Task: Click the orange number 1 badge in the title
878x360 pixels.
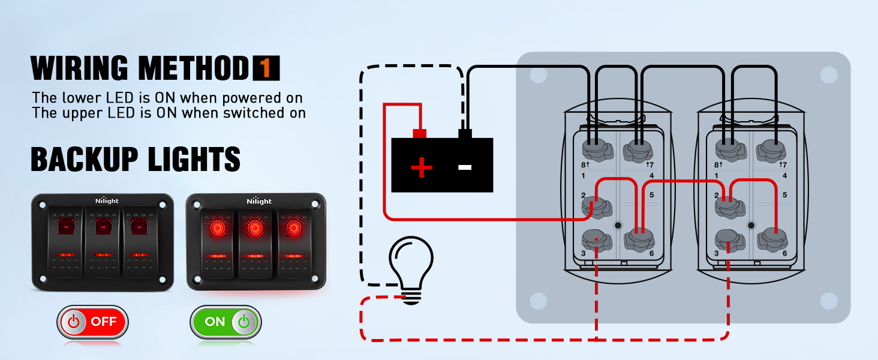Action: [x=266, y=68]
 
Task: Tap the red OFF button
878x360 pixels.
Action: [x=93, y=322]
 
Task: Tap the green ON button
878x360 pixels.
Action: [x=225, y=322]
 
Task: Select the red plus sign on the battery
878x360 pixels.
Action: [x=422, y=167]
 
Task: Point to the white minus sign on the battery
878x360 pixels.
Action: [x=465, y=167]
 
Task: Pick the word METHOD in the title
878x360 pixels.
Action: [x=193, y=68]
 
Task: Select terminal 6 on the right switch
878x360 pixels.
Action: [x=771, y=240]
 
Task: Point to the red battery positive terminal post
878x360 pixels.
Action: [x=420, y=133]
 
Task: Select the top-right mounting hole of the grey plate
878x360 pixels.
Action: [x=828, y=75]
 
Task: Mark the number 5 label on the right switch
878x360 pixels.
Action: [x=784, y=195]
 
